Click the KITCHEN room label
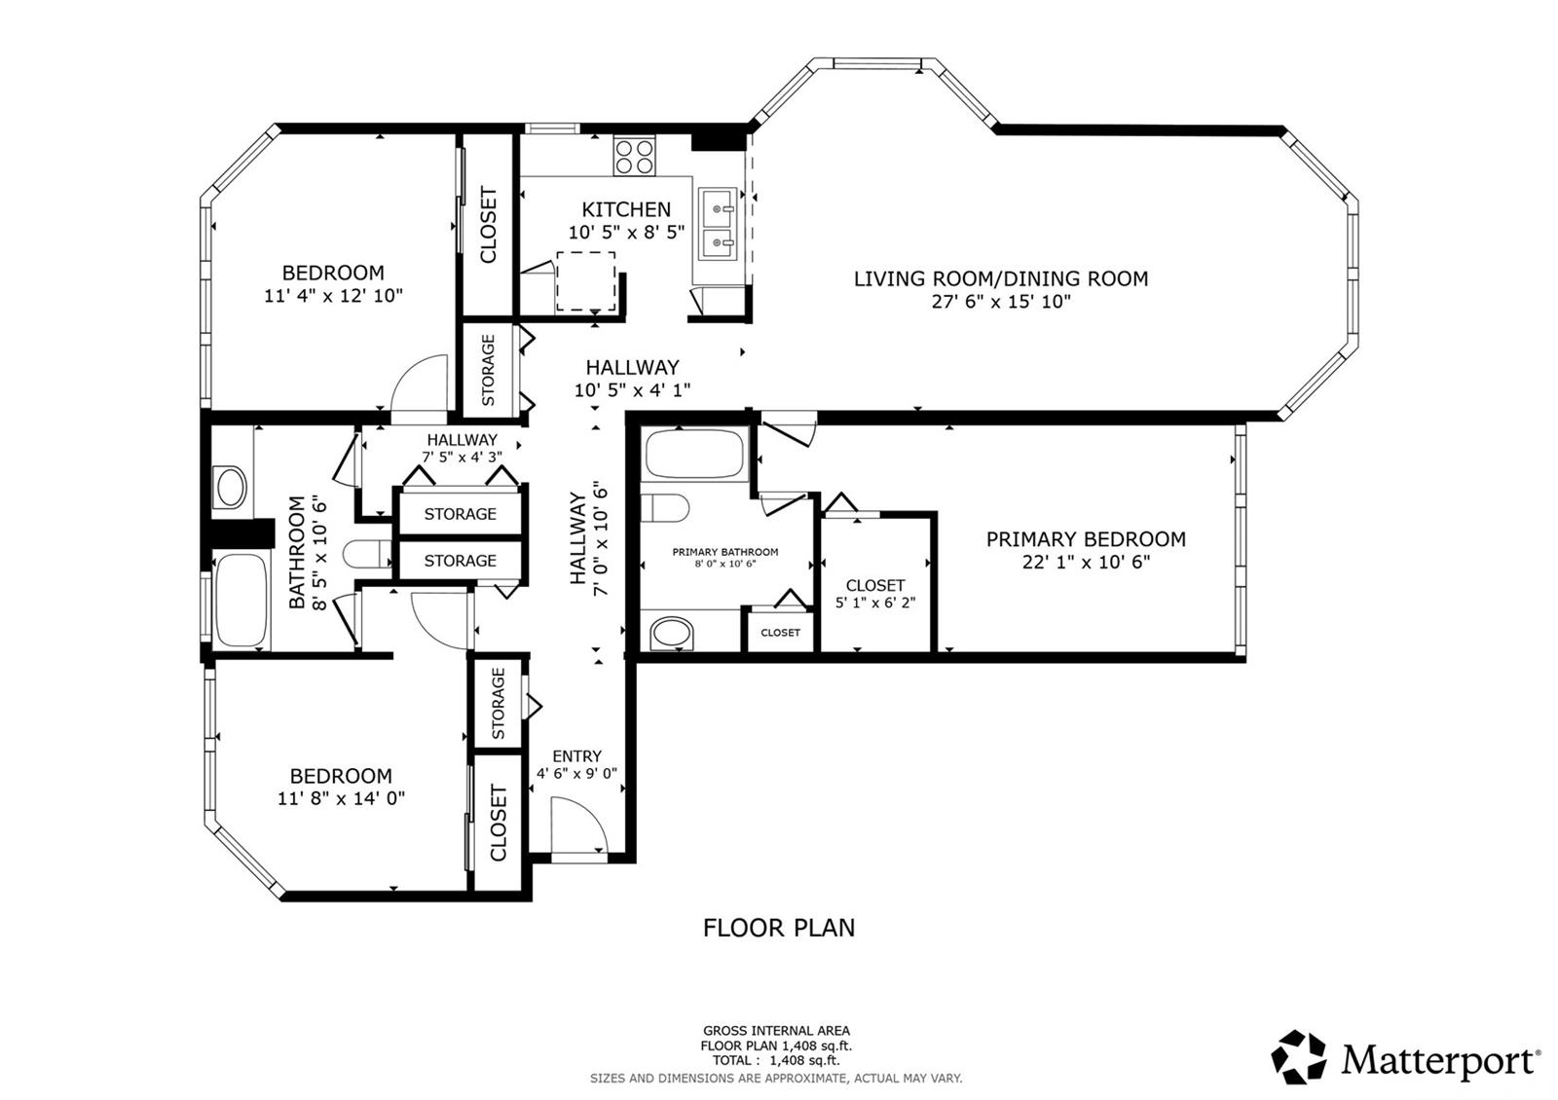coord(626,209)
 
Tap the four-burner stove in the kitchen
coord(634,157)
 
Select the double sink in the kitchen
coord(722,225)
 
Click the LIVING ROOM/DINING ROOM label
coord(1001,278)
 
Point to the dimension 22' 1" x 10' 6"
coord(1086,563)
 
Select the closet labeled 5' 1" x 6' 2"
coord(875,593)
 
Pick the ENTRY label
coord(576,756)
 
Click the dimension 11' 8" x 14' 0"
coord(341,799)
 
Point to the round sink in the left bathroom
coord(231,487)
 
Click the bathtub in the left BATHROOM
coord(241,601)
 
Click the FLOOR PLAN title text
coord(779,928)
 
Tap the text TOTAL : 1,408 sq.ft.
coord(775,1061)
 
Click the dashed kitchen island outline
coord(586,281)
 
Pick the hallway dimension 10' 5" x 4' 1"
coord(632,390)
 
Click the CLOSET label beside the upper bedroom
coord(488,225)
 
